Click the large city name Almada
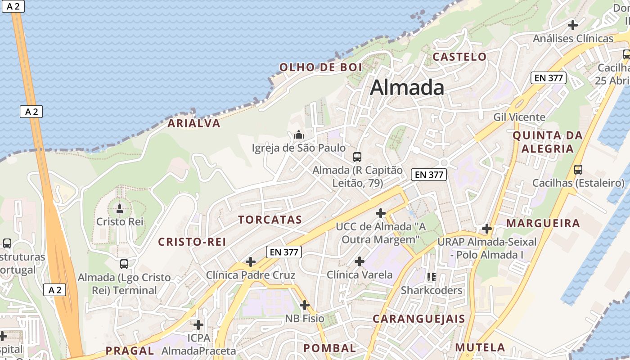pyautogui.click(x=407, y=87)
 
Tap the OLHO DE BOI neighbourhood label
pyautogui.click(x=320, y=67)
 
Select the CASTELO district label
pyautogui.click(x=459, y=57)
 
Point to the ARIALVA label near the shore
pyautogui.click(x=194, y=123)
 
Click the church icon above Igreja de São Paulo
pyautogui.click(x=298, y=135)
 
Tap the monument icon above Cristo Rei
pyautogui.click(x=120, y=208)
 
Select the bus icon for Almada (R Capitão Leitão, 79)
pyautogui.click(x=357, y=157)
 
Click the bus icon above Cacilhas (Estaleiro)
pyautogui.click(x=578, y=170)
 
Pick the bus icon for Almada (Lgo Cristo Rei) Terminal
pyautogui.click(x=124, y=264)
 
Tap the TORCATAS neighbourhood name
pyautogui.click(x=270, y=220)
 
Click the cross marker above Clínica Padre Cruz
pyautogui.click(x=251, y=262)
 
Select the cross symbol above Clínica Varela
pyautogui.click(x=360, y=261)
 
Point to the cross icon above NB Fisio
pyautogui.click(x=305, y=306)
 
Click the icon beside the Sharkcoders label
pyautogui.click(x=432, y=277)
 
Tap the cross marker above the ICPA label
pyautogui.click(x=198, y=324)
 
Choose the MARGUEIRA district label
pyautogui.click(x=543, y=223)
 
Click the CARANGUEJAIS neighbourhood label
pyautogui.click(x=418, y=319)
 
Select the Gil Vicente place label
pyautogui.click(x=519, y=117)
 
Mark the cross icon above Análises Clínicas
pyautogui.click(x=573, y=25)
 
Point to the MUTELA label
pyautogui.click(x=480, y=347)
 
